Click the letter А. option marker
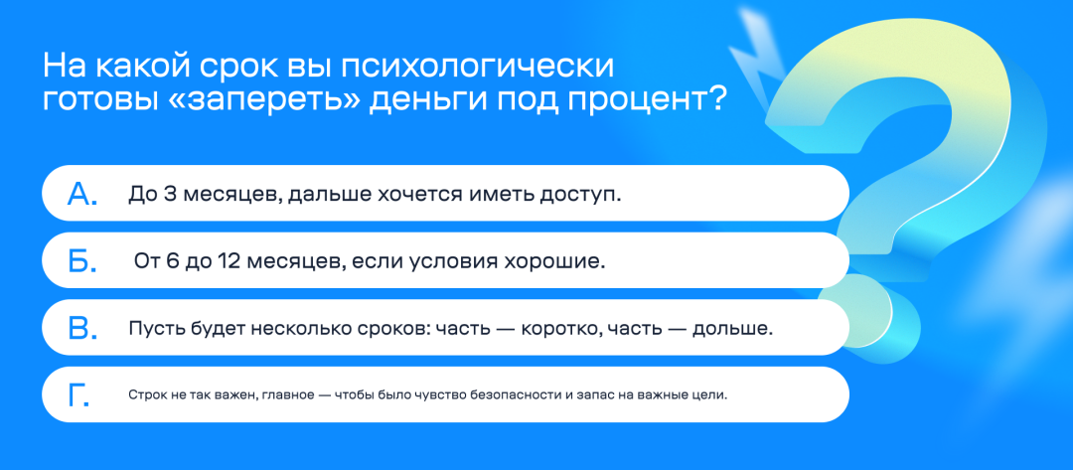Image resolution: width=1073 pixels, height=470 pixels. pos(82,194)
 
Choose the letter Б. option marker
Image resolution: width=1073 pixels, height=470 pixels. pos(81,261)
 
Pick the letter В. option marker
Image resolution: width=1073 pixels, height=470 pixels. pos(81,329)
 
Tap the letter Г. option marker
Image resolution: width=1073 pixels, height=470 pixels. pos(78,395)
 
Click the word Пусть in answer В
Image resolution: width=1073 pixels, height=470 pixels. pos(153,329)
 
